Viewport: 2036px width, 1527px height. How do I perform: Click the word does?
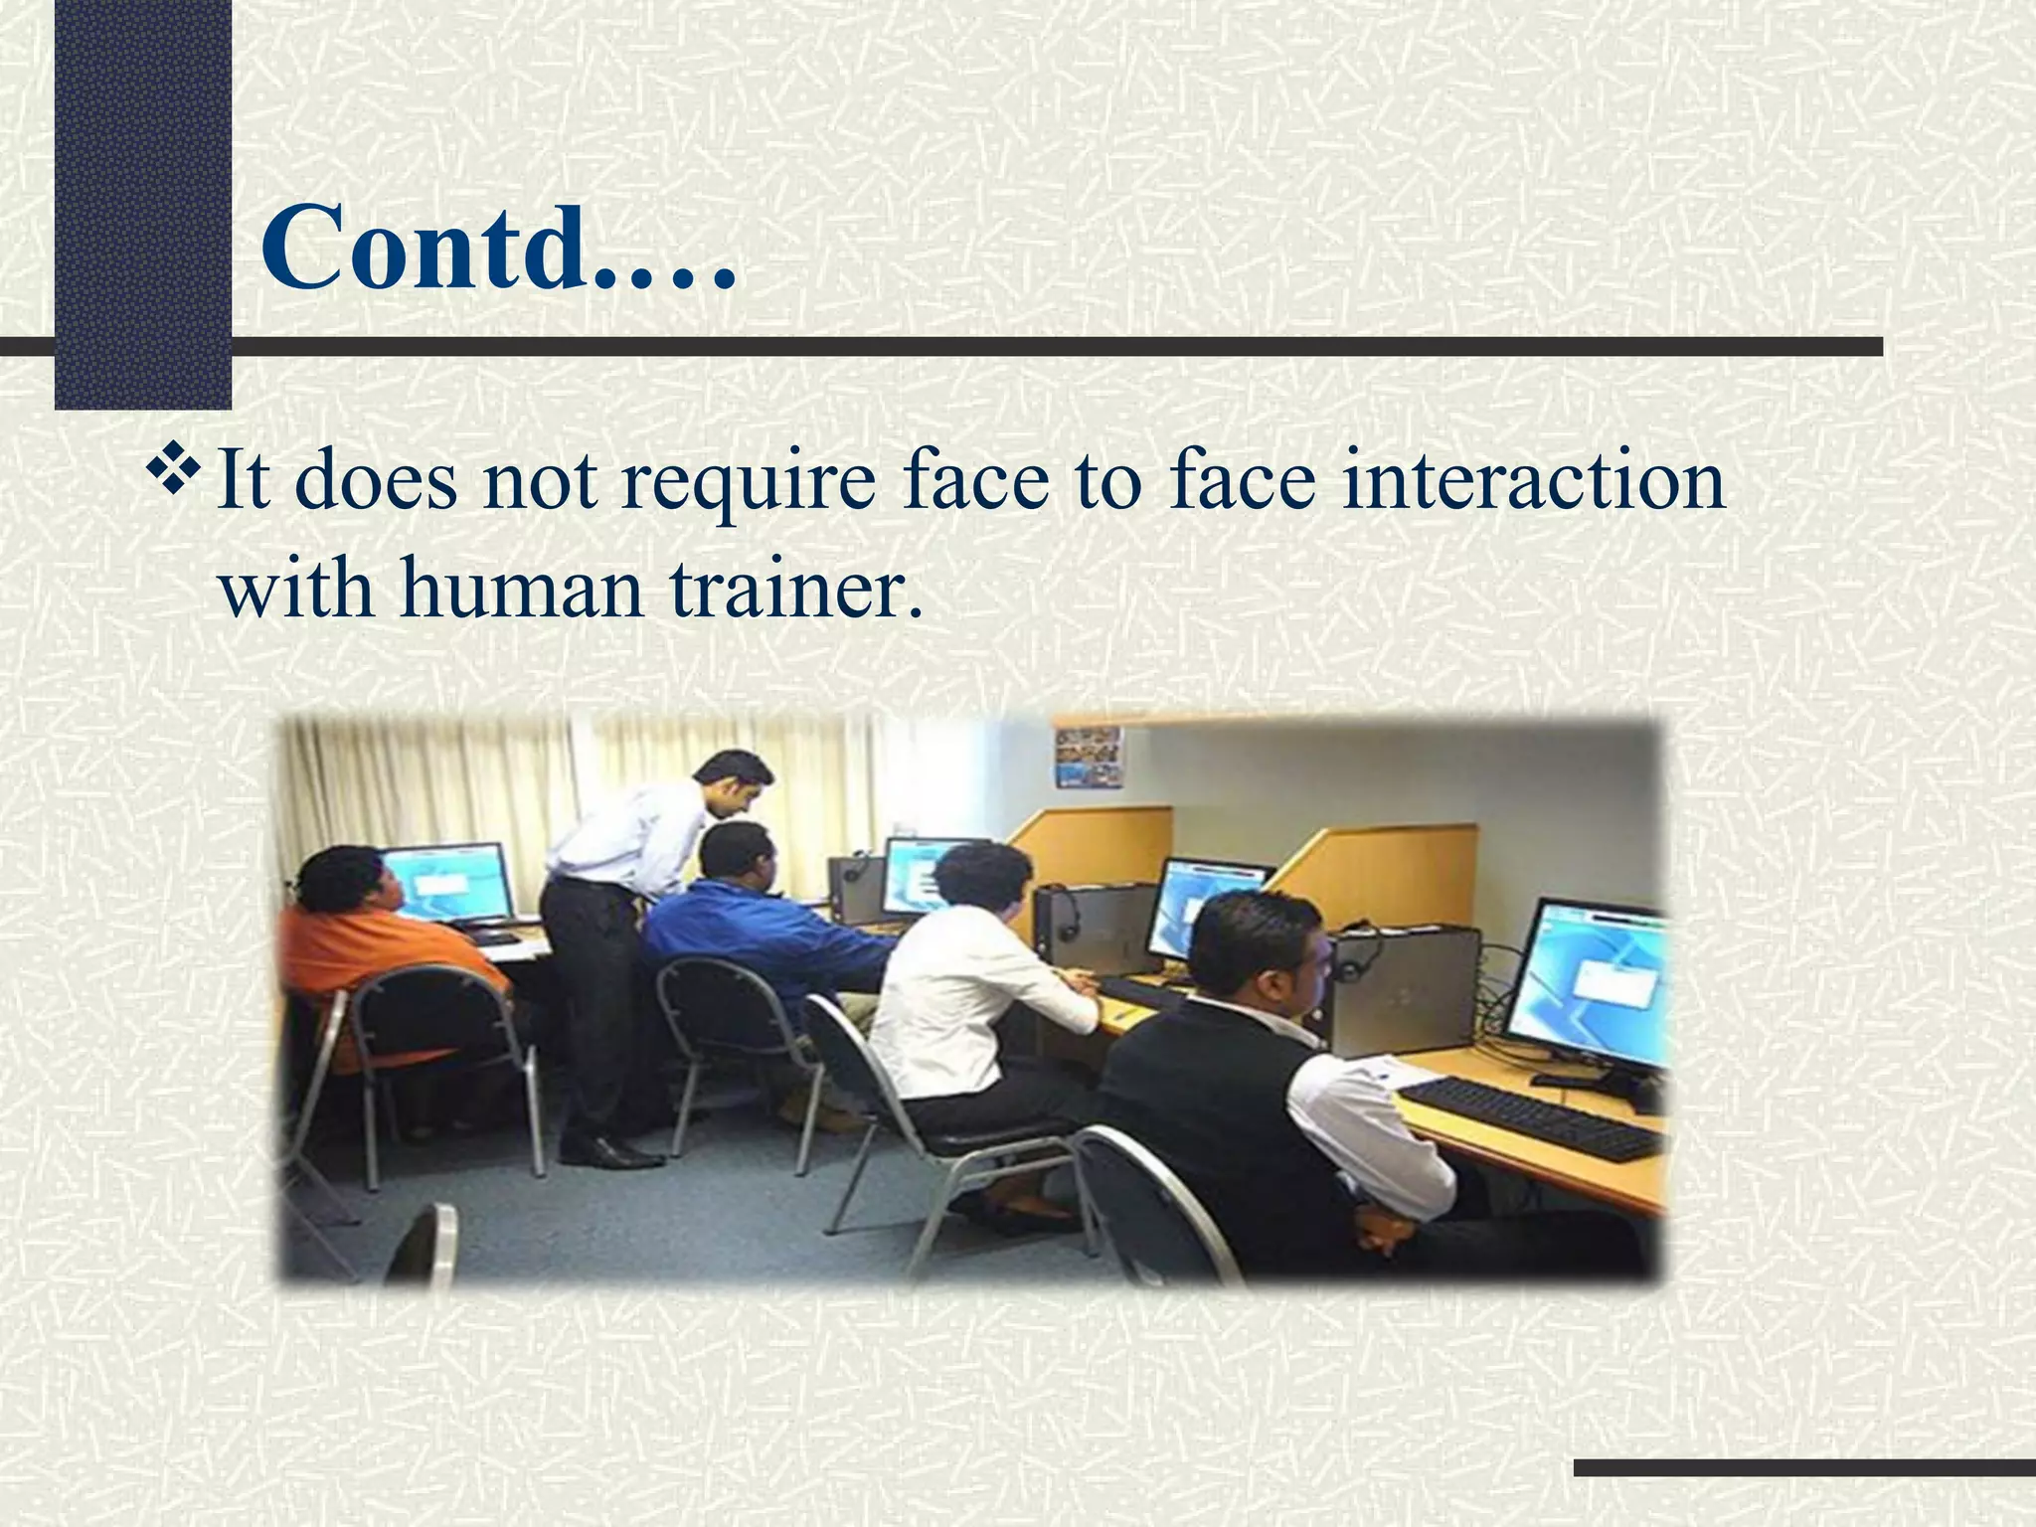379,481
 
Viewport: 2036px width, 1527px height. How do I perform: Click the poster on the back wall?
1089,758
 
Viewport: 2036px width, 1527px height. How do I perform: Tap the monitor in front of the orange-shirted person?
447,883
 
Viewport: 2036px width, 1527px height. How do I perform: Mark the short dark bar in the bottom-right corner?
1804,1467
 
